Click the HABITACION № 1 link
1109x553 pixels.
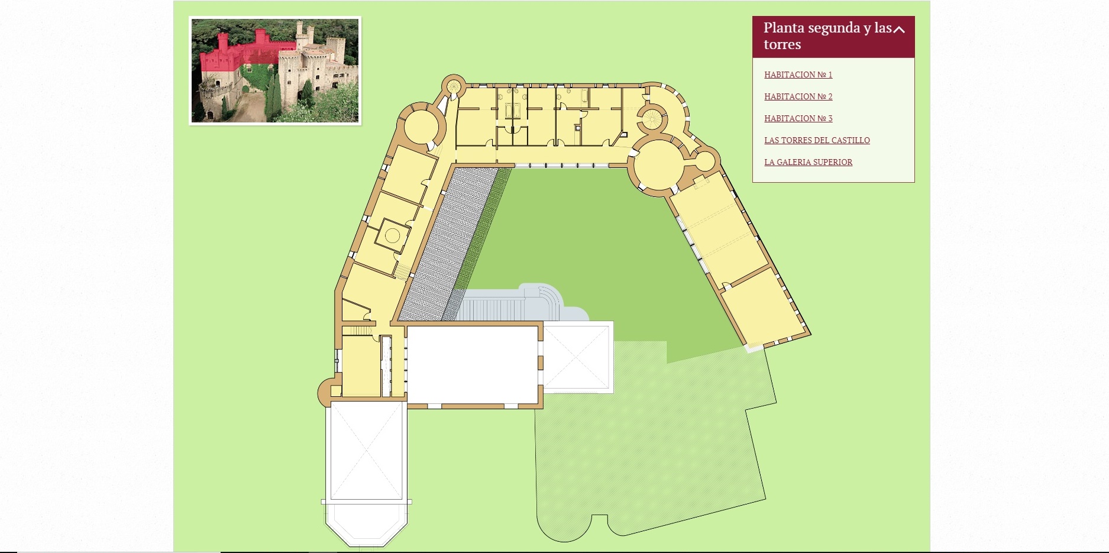[798, 75]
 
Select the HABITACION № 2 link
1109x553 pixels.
[798, 96]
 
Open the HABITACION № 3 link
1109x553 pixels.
[798, 118]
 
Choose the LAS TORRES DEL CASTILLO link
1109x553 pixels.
[817, 140]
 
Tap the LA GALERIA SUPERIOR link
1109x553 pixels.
[808, 162]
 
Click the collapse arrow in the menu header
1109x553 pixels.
[899, 29]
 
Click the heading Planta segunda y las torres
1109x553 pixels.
[827, 36]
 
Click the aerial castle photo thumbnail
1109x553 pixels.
[275, 70]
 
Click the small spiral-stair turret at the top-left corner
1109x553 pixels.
[454, 85]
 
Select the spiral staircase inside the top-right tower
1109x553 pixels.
[652, 117]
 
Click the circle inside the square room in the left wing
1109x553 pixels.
[392, 235]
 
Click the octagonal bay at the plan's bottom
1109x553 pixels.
[367, 524]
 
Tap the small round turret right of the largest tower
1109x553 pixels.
[705, 161]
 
